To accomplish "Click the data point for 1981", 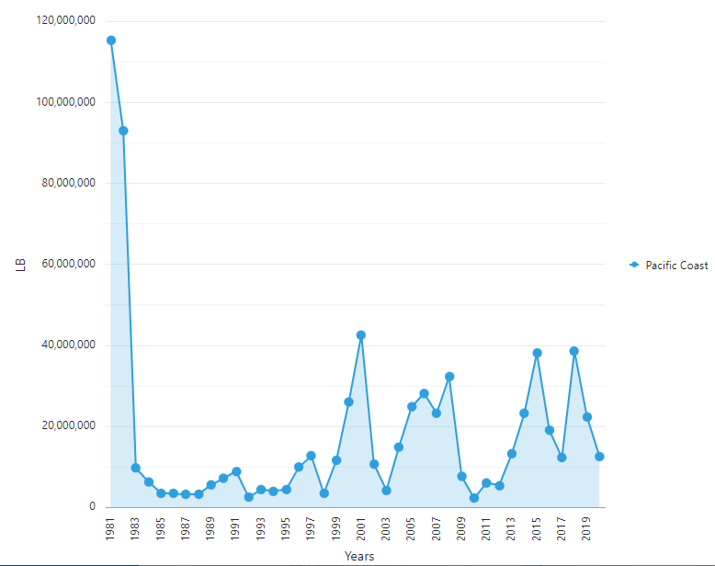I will click(x=111, y=40).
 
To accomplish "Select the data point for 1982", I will click(x=123, y=130).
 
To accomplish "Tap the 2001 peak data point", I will click(x=361, y=335).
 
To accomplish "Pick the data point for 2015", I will click(x=537, y=353).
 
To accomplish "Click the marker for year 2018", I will click(x=574, y=351).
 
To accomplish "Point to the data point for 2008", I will click(x=449, y=377).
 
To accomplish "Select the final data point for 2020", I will click(x=599, y=457).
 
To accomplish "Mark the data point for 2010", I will click(x=474, y=498).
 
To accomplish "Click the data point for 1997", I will click(x=312, y=456).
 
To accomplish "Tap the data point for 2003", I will click(x=387, y=491).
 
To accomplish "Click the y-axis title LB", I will click(x=20, y=265).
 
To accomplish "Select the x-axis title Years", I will click(x=358, y=556).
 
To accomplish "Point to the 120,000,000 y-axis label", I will click(x=65, y=20).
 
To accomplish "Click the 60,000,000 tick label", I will click(x=65, y=265).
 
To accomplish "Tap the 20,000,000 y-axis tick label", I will click(x=65, y=426).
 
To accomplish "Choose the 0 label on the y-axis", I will click(x=92, y=507).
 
